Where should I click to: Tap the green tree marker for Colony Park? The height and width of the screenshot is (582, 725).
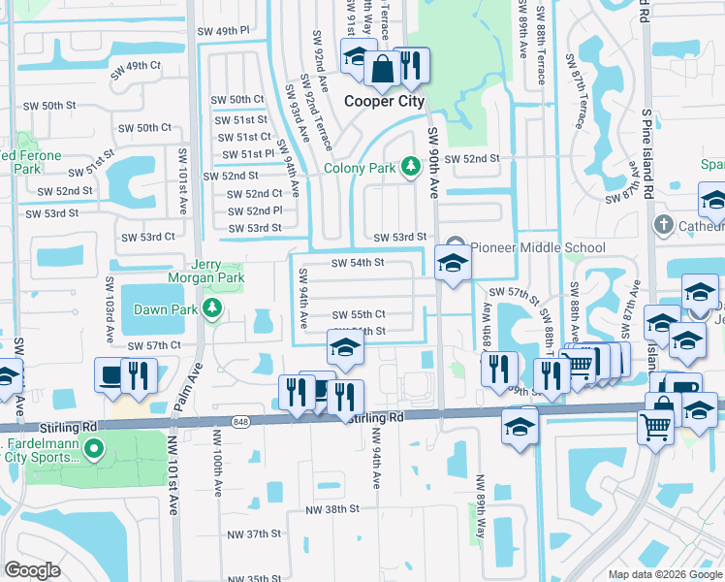click(x=409, y=168)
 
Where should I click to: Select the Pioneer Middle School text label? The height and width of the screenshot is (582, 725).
click(x=539, y=247)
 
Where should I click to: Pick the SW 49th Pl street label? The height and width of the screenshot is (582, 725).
click(x=219, y=31)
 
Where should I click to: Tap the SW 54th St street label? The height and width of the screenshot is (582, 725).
click(x=358, y=262)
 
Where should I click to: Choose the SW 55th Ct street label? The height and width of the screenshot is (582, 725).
click(x=358, y=314)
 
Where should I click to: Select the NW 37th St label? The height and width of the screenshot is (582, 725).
click(x=253, y=533)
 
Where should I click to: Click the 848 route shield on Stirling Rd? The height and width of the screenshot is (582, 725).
click(x=240, y=420)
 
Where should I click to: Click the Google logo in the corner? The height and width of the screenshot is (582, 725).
click(x=32, y=570)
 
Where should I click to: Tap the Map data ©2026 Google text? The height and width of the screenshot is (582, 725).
click(x=665, y=574)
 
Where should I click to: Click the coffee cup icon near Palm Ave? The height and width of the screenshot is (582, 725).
click(x=110, y=373)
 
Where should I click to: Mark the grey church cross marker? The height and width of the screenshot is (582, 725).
click(x=663, y=225)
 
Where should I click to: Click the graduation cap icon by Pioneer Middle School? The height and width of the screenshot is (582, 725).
click(x=452, y=263)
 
